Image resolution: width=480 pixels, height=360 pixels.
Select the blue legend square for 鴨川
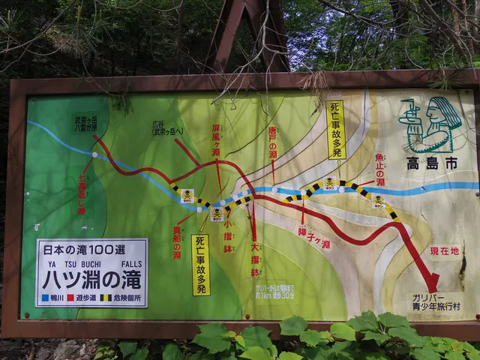(x=46, y=298)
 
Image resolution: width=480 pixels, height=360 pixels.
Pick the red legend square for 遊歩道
(x=70, y=298)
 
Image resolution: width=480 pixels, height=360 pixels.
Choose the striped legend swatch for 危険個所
(x=105, y=298)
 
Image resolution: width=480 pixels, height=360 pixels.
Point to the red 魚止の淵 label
(x=380, y=169)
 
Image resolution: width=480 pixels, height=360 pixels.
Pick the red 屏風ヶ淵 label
(x=216, y=140)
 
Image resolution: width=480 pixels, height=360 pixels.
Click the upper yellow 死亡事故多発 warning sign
(x=335, y=129)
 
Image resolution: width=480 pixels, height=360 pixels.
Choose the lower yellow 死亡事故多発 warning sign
(x=201, y=265)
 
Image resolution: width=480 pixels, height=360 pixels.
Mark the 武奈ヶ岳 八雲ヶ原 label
(x=85, y=124)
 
